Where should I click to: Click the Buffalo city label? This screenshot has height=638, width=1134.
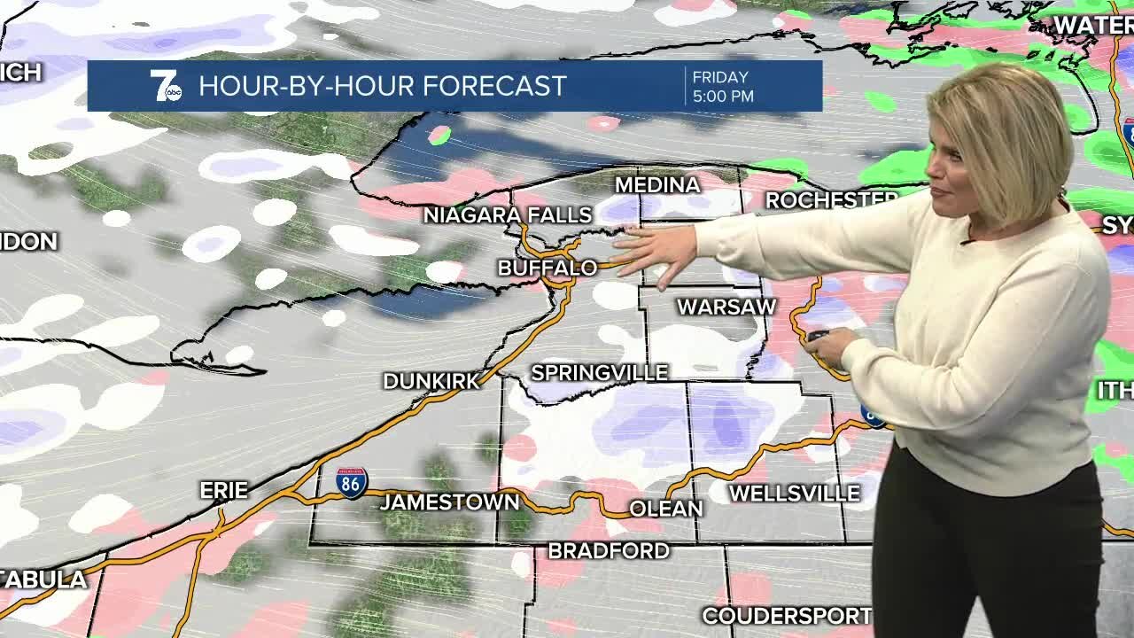(547, 268)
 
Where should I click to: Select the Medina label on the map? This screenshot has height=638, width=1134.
(657, 185)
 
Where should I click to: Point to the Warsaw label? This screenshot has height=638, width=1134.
(726, 307)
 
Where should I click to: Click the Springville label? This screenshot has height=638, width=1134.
(600, 373)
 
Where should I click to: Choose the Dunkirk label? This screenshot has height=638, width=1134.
(431, 381)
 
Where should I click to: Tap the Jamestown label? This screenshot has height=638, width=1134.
(450, 502)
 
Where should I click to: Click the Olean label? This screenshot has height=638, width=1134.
(665, 509)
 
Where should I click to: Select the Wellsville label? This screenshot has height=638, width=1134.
(795, 494)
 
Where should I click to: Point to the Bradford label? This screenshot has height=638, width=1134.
(609, 551)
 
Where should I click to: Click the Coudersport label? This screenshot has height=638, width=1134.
(787, 616)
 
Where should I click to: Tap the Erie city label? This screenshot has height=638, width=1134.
(223, 491)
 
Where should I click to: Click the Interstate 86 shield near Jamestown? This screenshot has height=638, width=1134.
(352, 483)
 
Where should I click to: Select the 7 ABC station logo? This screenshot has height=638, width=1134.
(165, 86)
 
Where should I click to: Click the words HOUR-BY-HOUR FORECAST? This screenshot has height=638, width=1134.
(383, 86)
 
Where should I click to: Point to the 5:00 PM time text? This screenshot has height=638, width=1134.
(723, 96)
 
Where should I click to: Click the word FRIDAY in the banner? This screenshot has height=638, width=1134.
(720, 77)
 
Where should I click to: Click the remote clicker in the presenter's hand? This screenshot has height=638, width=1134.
(817, 336)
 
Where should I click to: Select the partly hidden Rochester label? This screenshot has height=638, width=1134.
(831, 200)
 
